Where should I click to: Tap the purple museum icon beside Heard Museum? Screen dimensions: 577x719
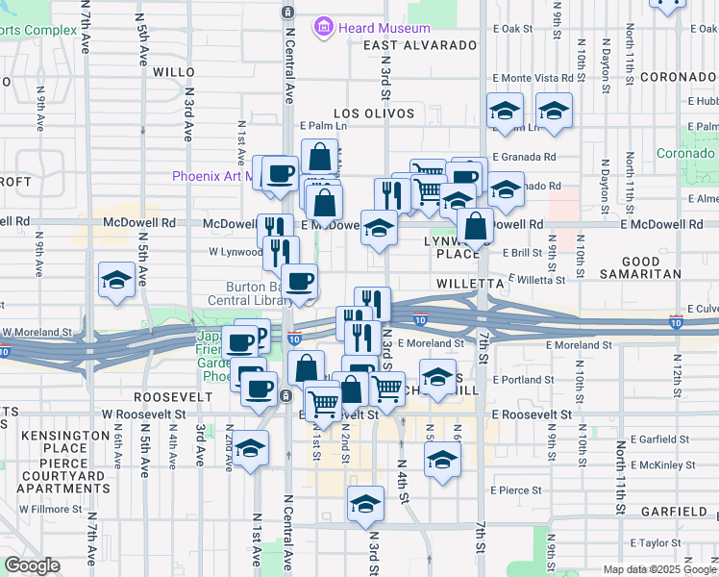[x=323, y=28]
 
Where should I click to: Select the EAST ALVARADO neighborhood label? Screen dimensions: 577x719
[x=420, y=45]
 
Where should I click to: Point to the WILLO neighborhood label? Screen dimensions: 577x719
[x=174, y=72]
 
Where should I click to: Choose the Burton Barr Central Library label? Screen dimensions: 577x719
[x=255, y=293]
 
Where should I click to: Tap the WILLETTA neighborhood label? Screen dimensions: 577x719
[x=470, y=285]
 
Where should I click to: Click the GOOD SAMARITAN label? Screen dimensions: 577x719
[x=654, y=267]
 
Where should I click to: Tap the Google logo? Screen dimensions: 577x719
[x=32, y=565]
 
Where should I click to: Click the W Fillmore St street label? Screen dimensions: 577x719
[x=50, y=509]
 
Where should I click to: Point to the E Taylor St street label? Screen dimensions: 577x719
[x=655, y=543]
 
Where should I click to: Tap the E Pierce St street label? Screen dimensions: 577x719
[x=515, y=490]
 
